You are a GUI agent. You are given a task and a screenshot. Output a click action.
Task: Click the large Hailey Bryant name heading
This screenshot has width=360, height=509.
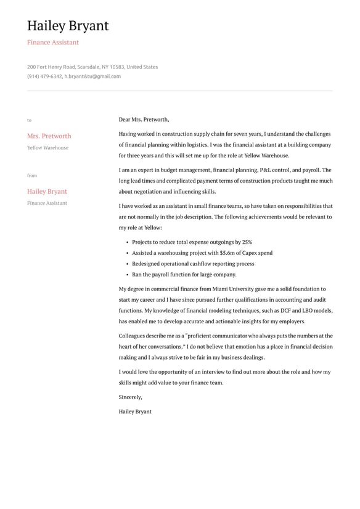[x=68, y=26]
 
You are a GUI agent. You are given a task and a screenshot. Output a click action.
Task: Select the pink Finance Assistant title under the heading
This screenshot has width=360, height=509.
[x=53, y=43]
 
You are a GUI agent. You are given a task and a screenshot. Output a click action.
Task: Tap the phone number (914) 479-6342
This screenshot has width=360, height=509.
[x=44, y=77]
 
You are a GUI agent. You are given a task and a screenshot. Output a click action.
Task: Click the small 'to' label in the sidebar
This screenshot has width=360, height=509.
[x=29, y=120]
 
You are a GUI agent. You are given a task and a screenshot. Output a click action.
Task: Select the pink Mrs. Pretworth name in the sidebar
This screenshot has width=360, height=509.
[x=49, y=136]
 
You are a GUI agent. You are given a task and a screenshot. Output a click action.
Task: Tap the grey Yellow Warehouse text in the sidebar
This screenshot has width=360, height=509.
[x=47, y=148]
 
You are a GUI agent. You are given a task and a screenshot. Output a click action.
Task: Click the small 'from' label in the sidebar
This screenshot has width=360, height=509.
[x=31, y=176]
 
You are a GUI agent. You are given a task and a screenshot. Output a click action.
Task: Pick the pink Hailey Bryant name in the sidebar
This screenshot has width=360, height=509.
[x=47, y=191]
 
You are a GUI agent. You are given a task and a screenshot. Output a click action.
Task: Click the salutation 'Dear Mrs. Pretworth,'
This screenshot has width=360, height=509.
[x=144, y=120]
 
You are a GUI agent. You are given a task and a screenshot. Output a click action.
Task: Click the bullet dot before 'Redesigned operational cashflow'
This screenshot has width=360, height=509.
[x=126, y=264]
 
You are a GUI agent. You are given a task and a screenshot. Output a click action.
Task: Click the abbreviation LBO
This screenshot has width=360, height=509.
[x=308, y=311]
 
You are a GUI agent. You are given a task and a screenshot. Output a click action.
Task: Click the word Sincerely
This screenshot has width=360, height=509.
[x=130, y=397]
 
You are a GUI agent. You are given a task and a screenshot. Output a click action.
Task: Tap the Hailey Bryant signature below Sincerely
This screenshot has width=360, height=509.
[x=135, y=412]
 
